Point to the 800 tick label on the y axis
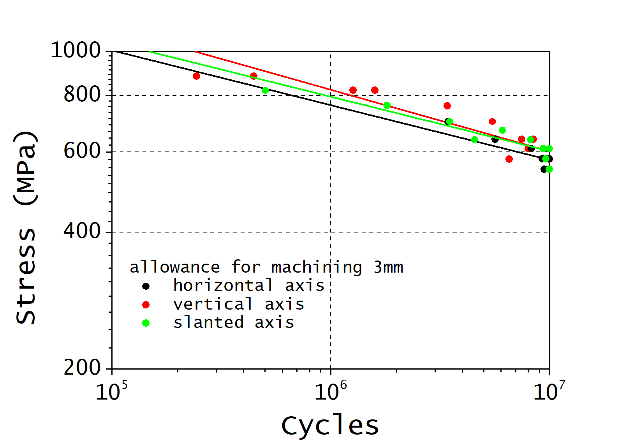[82, 95]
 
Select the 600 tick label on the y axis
[82, 151]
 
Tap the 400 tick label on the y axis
[82, 231]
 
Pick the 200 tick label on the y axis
[82, 367]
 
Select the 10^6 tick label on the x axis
[330, 391]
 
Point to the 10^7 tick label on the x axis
[549, 391]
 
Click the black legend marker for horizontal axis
[146, 286]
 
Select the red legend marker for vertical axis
[146, 305]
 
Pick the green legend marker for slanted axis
[146, 323]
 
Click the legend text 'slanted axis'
[234, 322]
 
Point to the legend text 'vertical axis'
[238, 304]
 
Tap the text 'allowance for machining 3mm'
[266, 267]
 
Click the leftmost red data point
[196, 76]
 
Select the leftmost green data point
[265, 90]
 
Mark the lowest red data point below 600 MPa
[509, 159]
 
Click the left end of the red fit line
[195, 51]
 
